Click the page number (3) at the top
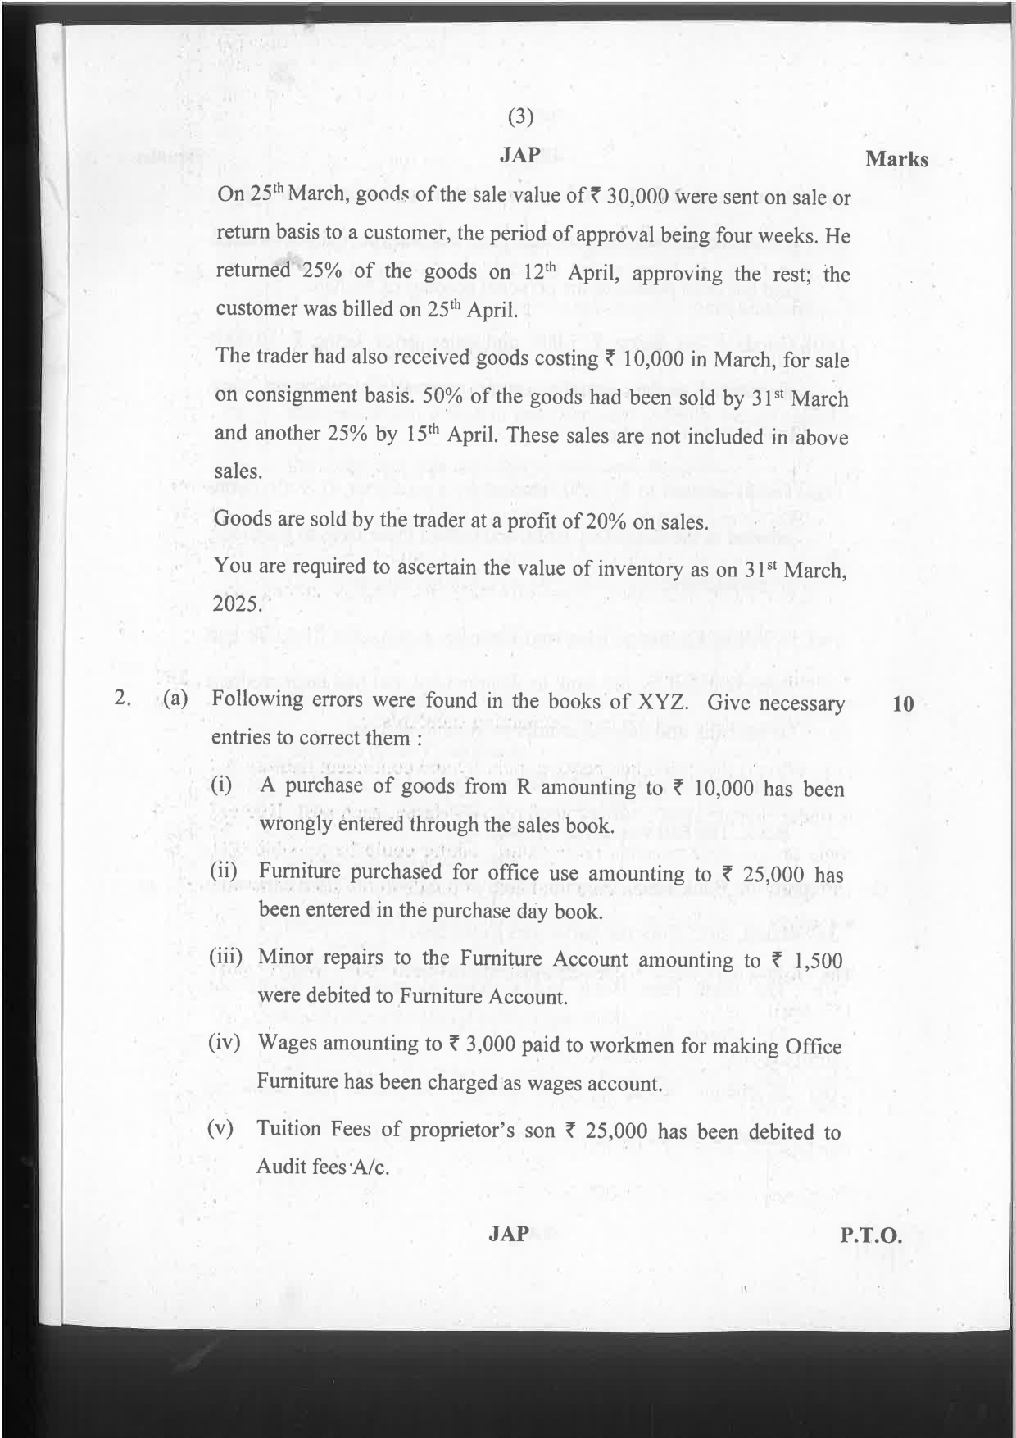[521, 117]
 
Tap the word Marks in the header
[896, 159]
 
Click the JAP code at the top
[520, 154]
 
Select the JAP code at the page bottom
[509, 1233]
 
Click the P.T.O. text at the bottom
[871, 1235]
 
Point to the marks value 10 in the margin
[903, 703]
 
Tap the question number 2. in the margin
[124, 699]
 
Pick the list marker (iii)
[227, 957]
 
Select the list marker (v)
[221, 1128]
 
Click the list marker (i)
[221, 785]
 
